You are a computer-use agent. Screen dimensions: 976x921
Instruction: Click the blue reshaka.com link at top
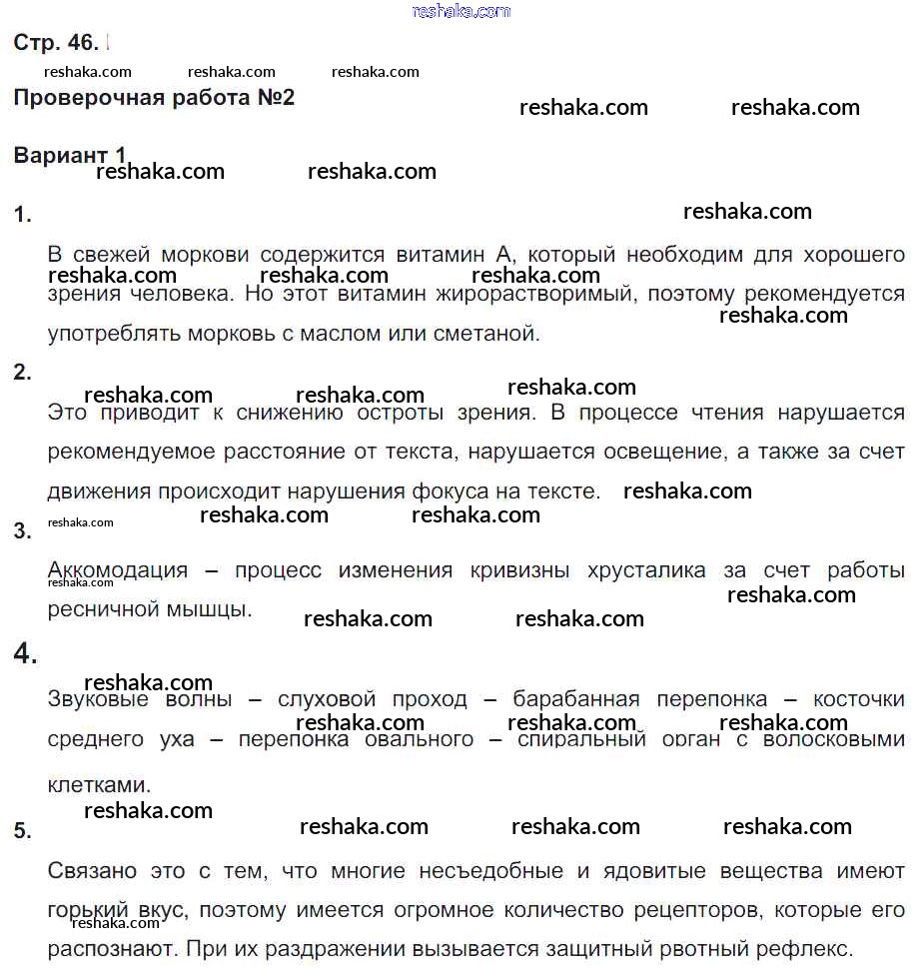point(460,11)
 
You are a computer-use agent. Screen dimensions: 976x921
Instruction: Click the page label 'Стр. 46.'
point(56,43)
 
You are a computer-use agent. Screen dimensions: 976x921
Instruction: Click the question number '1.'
point(23,215)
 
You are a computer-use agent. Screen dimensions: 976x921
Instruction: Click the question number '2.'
point(23,373)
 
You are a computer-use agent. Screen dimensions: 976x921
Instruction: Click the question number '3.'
point(23,530)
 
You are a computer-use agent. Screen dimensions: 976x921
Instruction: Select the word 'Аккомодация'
point(118,570)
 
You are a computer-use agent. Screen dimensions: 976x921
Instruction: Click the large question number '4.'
point(26,654)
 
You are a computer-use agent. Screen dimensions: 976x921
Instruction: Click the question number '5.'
point(23,830)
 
